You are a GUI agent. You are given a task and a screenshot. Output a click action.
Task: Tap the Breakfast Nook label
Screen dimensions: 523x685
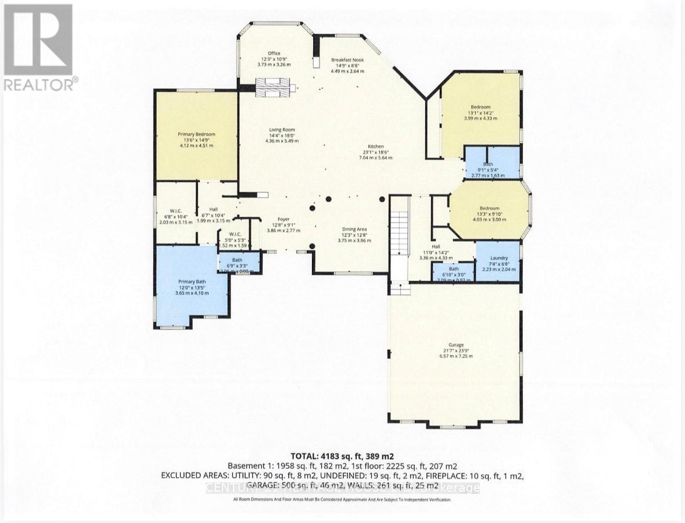[347, 60]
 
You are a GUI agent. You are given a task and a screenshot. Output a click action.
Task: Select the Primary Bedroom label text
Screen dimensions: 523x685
[196, 134]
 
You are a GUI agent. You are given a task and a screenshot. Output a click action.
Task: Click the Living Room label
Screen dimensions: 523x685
[281, 130]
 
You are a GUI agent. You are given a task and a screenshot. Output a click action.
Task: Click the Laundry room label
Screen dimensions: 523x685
[498, 258]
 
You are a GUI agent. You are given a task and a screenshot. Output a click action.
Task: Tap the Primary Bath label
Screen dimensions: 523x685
[192, 281]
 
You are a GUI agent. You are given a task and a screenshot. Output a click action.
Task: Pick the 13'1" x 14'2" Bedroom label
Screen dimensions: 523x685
[480, 107]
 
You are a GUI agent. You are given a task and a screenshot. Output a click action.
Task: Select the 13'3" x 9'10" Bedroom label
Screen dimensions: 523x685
[489, 208]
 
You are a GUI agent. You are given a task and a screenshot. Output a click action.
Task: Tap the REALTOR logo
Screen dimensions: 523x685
[39, 46]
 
